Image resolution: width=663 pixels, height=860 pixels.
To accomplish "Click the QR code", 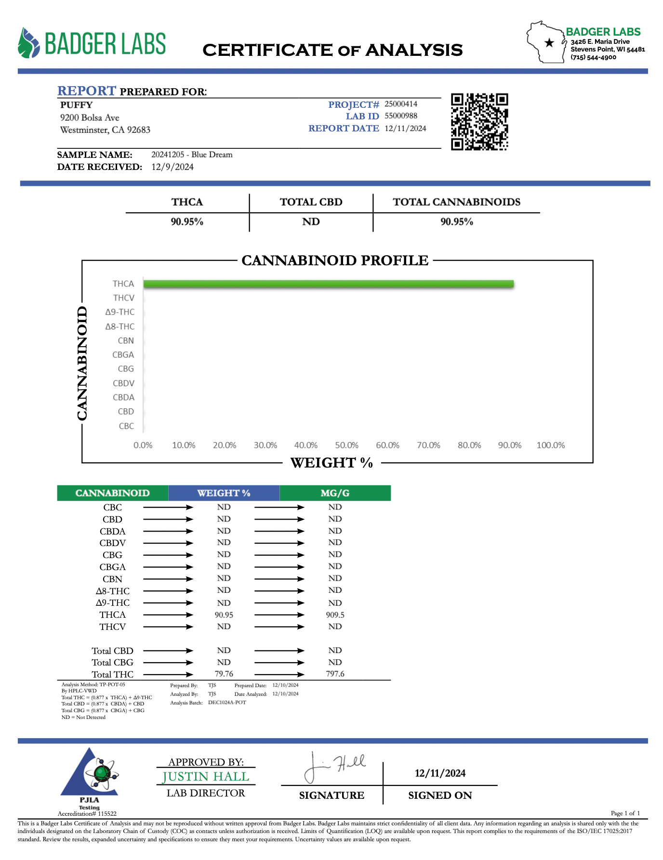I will tap(479, 121).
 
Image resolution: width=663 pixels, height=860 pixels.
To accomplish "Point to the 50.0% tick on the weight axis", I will tap(347, 445).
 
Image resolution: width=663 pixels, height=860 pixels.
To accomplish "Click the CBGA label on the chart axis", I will tap(123, 355).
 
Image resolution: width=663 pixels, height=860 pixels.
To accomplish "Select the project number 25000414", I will tap(401, 104).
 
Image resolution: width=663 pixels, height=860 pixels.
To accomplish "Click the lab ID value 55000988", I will tap(401, 116).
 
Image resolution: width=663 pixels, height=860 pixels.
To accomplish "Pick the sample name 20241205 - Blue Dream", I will tap(192, 155).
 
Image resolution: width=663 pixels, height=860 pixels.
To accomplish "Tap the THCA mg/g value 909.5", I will tap(335, 615).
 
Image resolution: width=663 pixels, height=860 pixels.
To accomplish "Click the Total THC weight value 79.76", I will tap(224, 674).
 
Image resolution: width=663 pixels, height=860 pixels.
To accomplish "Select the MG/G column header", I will tap(335, 493).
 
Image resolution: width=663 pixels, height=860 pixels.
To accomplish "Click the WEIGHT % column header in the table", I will tap(224, 493).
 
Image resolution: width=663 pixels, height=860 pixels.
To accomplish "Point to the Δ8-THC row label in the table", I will tap(113, 591).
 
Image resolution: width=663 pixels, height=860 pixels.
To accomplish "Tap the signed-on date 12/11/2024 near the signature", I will tap(440, 773).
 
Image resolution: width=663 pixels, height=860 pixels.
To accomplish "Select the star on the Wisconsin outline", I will tap(549, 43).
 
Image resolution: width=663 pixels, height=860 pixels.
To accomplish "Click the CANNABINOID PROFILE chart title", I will tap(335, 261).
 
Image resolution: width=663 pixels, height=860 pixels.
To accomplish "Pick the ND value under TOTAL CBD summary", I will tap(311, 222).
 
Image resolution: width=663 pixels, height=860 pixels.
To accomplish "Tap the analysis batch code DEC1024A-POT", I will tap(227, 703).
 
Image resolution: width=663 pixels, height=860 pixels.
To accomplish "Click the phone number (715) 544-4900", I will tap(594, 57).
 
